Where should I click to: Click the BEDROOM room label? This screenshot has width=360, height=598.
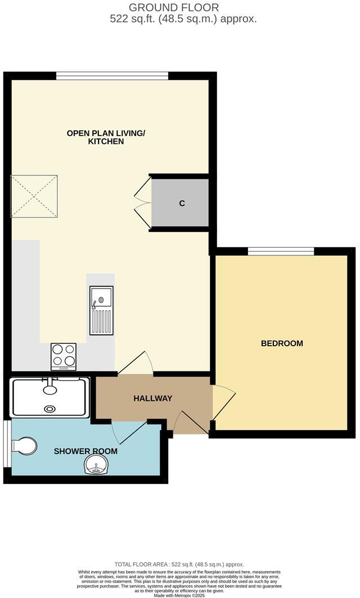pos(282,343)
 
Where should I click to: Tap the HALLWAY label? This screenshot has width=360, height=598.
pos(152,398)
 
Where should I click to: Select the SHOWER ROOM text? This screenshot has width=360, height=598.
pos(85,451)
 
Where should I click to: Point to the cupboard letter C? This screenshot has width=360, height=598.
pos(182,203)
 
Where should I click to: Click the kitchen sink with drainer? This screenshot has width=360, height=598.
pos(101,310)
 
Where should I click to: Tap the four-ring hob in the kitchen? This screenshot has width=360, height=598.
pos(64,356)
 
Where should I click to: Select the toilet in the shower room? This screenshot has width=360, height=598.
pos(24,447)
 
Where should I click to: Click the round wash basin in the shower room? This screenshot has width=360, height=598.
pos(96,465)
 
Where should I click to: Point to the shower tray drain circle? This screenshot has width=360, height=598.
pos(51,409)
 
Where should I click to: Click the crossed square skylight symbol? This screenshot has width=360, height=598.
pos(34,196)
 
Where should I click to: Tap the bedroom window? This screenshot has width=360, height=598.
pos(281,251)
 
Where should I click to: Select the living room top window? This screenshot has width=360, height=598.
pos(112,76)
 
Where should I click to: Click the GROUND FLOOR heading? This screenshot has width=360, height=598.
pos(174,7)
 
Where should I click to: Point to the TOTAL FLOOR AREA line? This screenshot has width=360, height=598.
pos(179,564)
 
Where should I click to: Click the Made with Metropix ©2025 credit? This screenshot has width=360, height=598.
pos(179,595)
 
